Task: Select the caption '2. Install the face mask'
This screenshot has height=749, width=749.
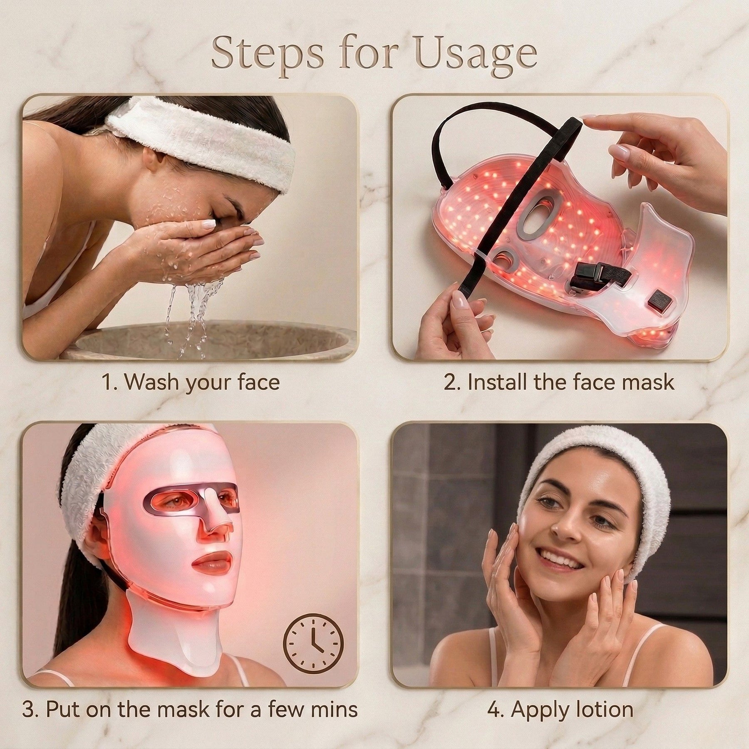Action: [559, 382]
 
